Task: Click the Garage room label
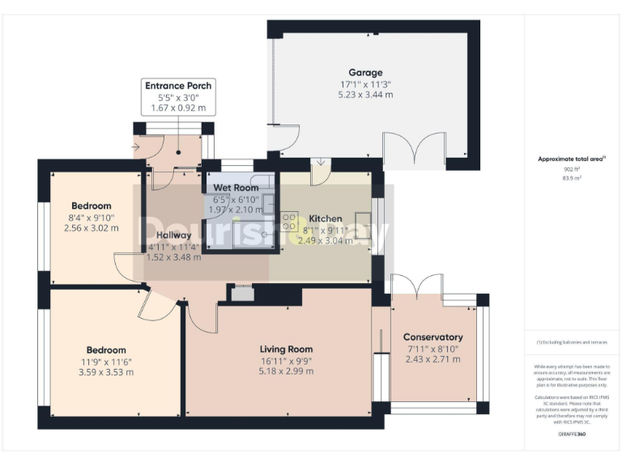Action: (x=365, y=73)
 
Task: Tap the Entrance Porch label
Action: (x=178, y=86)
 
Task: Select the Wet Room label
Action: (x=236, y=188)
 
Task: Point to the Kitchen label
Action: (x=325, y=218)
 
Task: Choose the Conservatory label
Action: (x=432, y=337)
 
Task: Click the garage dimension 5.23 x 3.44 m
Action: (x=365, y=95)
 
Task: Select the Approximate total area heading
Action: (x=572, y=159)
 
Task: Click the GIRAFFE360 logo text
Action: (x=572, y=434)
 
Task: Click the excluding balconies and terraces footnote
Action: (x=572, y=344)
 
